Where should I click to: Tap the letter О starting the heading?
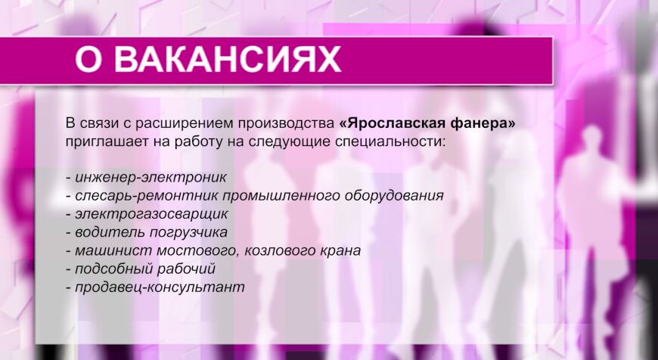click(90, 61)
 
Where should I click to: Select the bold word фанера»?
click(483, 123)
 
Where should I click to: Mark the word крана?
click(337, 250)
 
